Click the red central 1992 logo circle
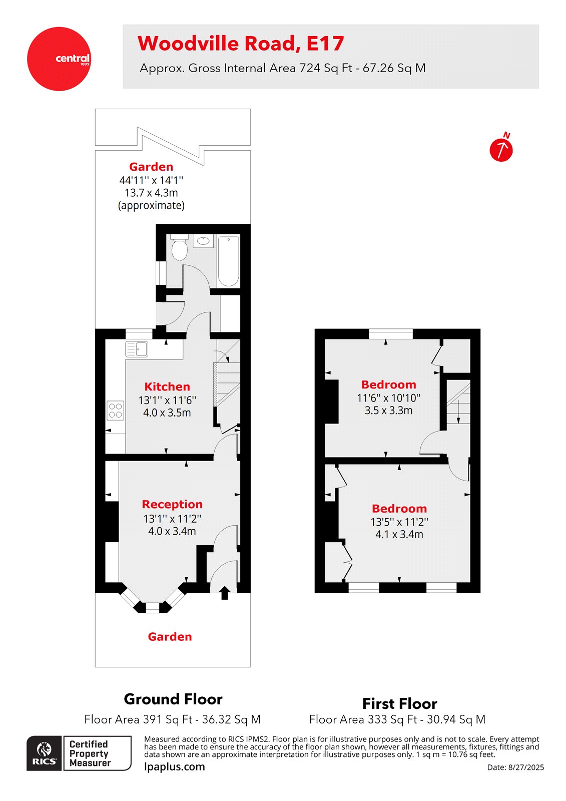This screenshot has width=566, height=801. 59,59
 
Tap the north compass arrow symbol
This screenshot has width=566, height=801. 501,150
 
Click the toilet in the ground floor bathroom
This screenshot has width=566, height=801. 179,248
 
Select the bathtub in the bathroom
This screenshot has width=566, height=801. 229,261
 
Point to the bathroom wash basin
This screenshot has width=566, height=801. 203,241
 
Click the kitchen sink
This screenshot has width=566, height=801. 137,349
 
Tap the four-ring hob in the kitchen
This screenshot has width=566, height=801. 116,411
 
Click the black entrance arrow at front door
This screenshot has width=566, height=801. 225,593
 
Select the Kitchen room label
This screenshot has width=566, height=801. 167,386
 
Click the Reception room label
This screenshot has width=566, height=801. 172,504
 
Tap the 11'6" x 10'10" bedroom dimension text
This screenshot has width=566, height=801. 388,398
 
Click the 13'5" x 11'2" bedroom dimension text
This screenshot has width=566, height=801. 399,522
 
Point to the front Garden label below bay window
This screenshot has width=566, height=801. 170,637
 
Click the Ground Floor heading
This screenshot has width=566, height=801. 173,699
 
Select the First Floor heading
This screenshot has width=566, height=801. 399,703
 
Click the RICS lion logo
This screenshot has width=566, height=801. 45,753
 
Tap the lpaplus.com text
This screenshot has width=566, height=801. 175,766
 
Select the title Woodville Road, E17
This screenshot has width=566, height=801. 241,44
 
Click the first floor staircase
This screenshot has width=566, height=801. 458,403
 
